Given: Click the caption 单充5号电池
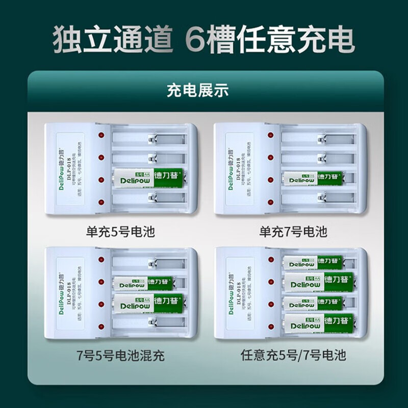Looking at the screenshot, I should [x=120, y=233].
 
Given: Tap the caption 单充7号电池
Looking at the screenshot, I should [x=293, y=233].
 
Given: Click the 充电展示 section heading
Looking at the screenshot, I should [x=205, y=91].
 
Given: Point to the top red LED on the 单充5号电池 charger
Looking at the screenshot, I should [x=101, y=136].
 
